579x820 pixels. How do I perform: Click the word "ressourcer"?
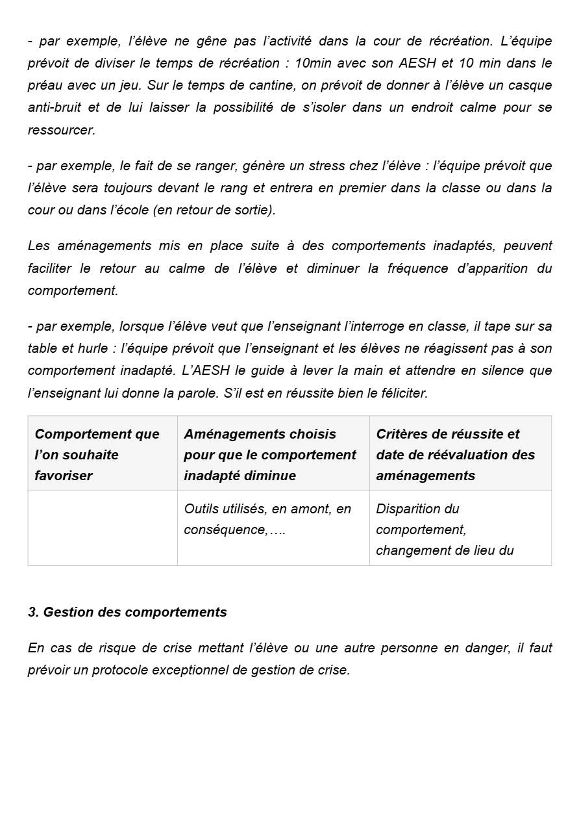[61, 130]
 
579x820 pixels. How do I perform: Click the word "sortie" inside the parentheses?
[256, 210]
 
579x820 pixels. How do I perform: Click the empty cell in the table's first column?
[103, 528]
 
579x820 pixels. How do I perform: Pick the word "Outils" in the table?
[201, 509]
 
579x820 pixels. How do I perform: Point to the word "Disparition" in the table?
[408, 509]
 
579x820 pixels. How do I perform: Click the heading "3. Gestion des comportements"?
[127, 612]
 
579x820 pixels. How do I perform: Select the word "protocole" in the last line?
[120, 670]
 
